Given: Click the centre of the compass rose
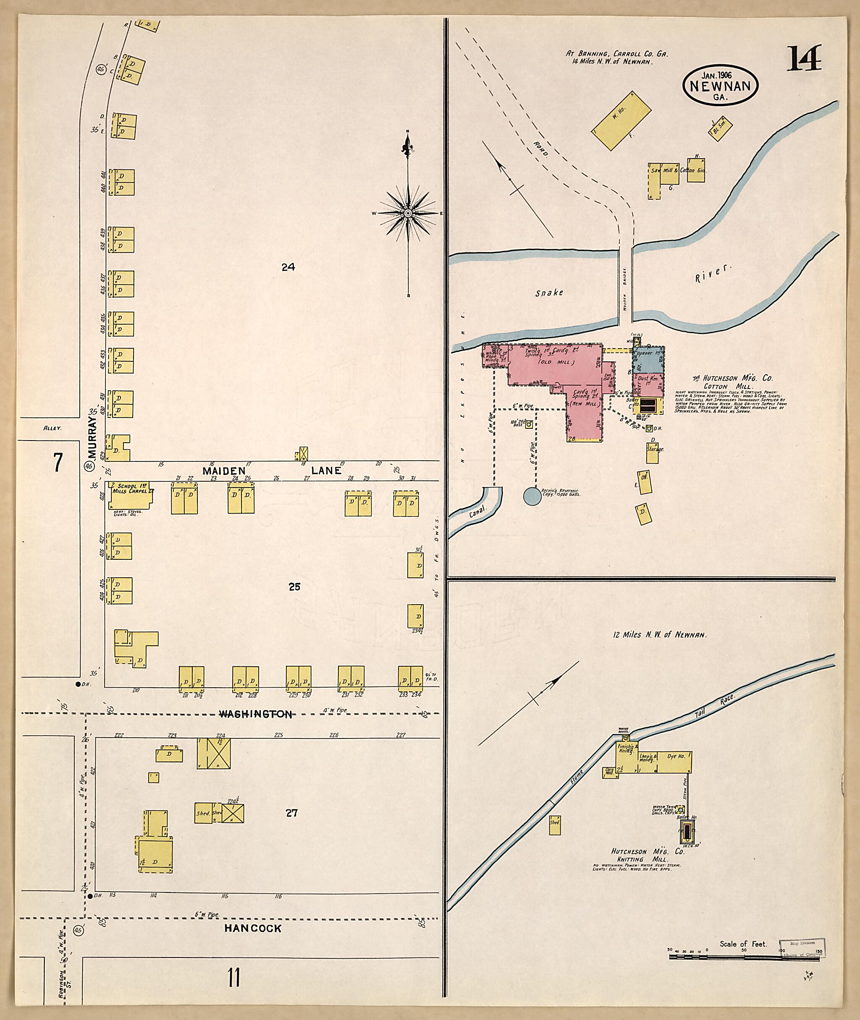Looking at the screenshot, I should pos(408,213).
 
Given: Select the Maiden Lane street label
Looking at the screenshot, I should pos(272,471).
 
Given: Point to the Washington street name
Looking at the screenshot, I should pos(255,714).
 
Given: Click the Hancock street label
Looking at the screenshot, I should pos(252,929).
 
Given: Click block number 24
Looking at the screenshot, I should pos(288,267).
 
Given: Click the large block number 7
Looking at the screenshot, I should pos(58,463).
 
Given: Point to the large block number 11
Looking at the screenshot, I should pos(233,978).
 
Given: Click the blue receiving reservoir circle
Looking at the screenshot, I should pos(532,496).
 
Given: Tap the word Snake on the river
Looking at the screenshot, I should pos(549,293).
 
